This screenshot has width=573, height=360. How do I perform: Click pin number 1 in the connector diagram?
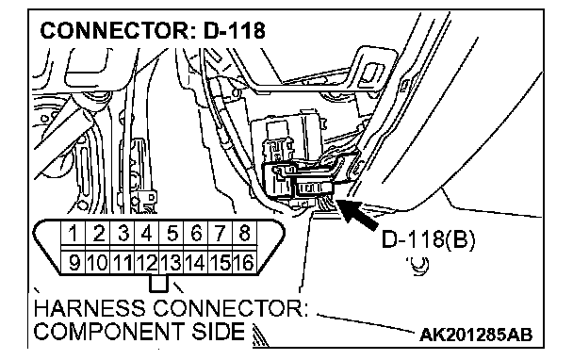click(x=74, y=233)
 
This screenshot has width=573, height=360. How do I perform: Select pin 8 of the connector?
click(x=244, y=233)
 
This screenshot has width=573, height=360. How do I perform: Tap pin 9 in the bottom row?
click(x=74, y=262)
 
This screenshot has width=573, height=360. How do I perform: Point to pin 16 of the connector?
click(x=244, y=262)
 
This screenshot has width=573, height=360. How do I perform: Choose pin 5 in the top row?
click(x=172, y=233)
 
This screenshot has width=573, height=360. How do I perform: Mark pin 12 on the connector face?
click(x=146, y=262)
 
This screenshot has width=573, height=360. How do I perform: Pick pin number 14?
click(x=195, y=262)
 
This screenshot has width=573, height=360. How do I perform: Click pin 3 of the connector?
click(x=123, y=233)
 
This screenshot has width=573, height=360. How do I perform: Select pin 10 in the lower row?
click(x=97, y=262)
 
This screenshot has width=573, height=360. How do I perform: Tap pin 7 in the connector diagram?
click(x=221, y=233)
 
